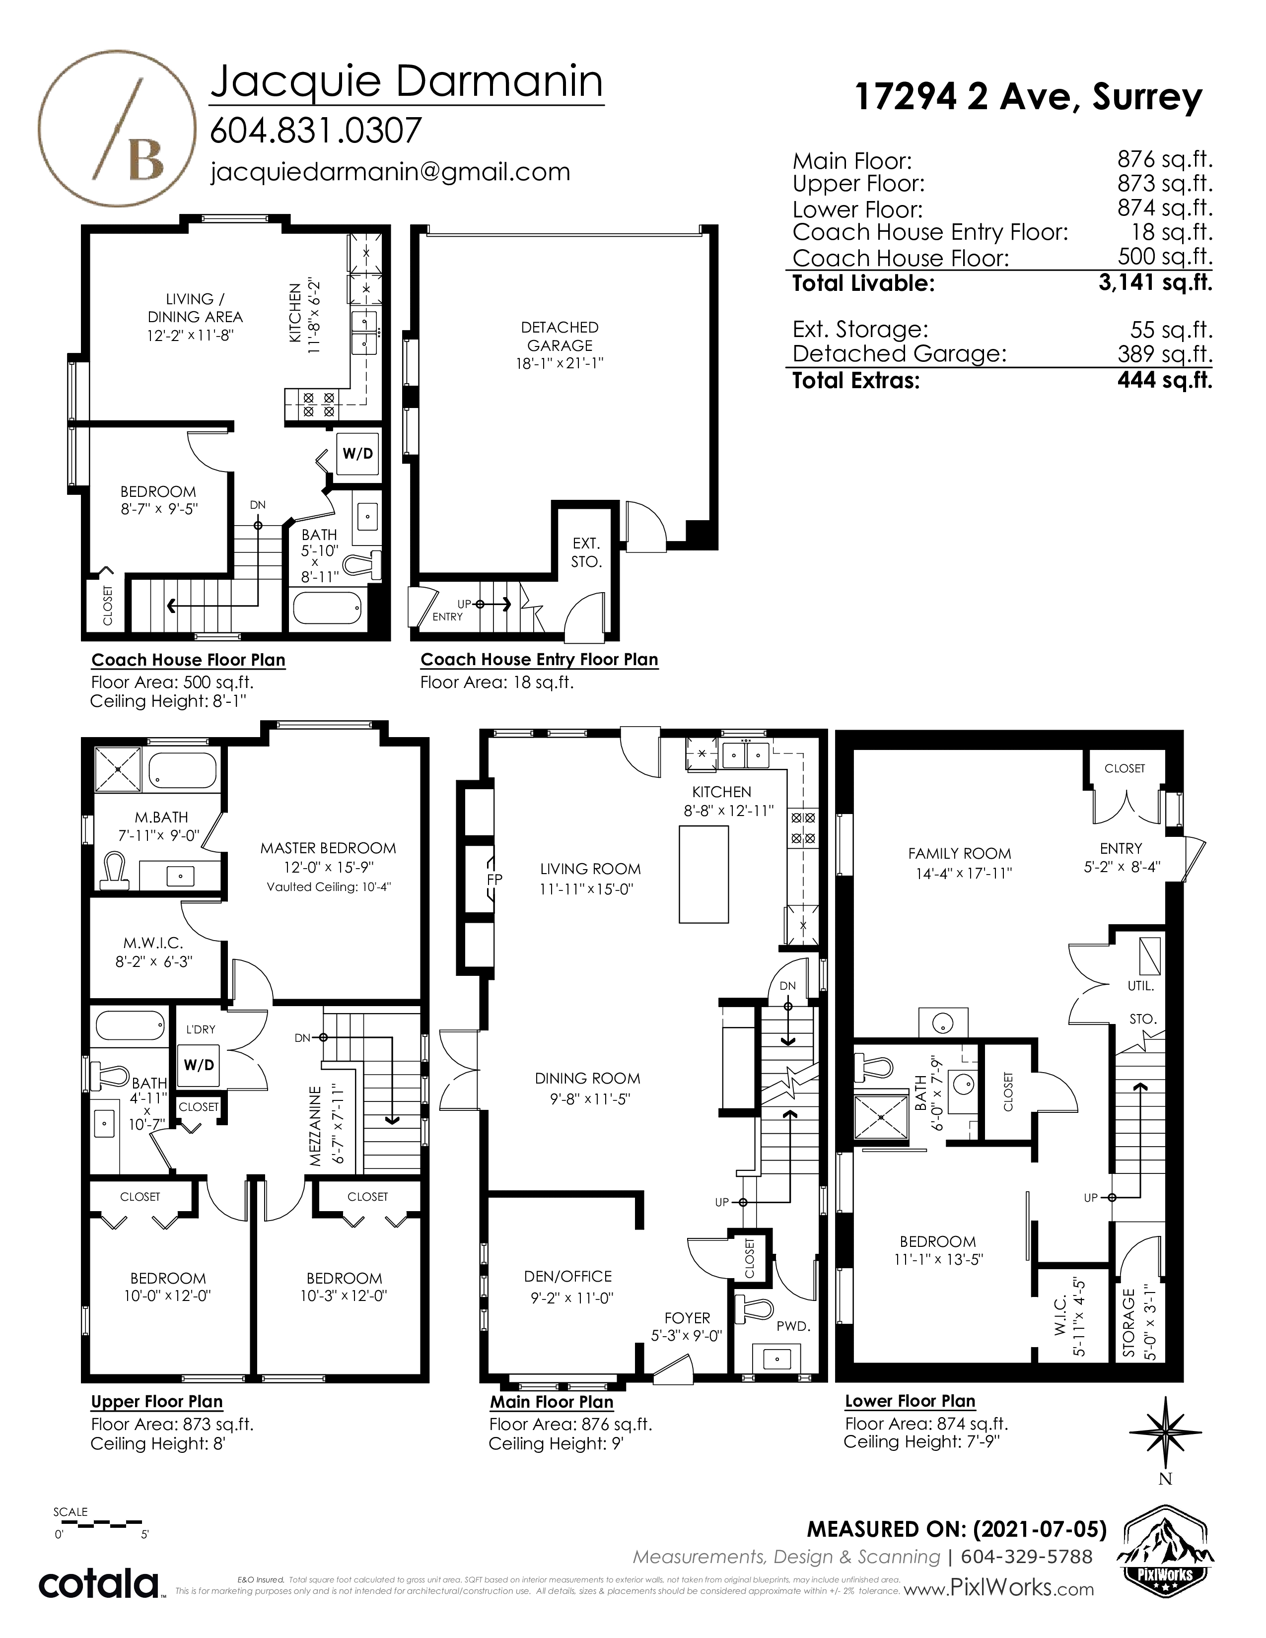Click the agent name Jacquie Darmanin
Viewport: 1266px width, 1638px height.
coord(407,82)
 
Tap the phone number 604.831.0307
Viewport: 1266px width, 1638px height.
coord(316,131)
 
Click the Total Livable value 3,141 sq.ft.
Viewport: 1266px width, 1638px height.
coord(1155,283)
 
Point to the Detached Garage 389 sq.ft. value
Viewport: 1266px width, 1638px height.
coord(1165,353)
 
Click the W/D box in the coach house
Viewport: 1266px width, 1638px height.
coord(358,454)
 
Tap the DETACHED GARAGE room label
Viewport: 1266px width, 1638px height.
coord(560,336)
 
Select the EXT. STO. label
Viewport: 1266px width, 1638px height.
coord(586,552)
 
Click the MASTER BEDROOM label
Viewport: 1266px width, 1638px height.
coord(328,848)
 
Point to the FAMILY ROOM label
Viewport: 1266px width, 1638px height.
coord(959,854)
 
